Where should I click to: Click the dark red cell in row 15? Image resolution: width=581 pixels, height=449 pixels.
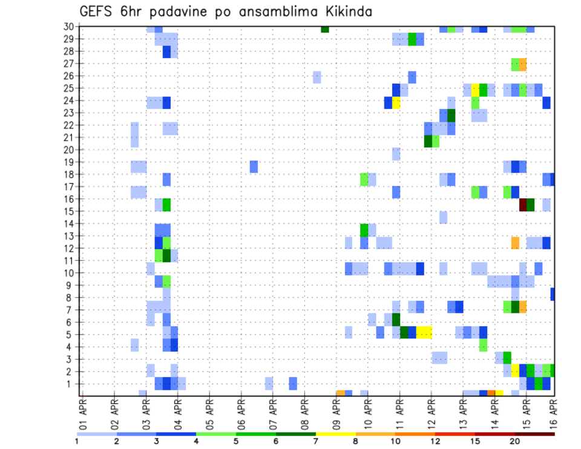[x=523, y=205]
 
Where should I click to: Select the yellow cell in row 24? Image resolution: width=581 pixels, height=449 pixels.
[x=396, y=103]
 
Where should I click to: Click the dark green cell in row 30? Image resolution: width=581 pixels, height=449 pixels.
[x=325, y=29]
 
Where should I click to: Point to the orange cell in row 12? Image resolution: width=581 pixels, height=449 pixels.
[x=515, y=242]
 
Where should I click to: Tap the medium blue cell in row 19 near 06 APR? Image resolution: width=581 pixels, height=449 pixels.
[x=254, y=166]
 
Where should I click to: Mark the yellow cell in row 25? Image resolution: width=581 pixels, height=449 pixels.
[x=476, y=90]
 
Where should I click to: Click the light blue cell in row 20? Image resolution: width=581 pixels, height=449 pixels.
[x=396, y=154]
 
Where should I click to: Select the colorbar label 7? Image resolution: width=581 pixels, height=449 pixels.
[x=315, y=441]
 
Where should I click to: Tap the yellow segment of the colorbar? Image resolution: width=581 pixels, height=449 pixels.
[x=335, y=433]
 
